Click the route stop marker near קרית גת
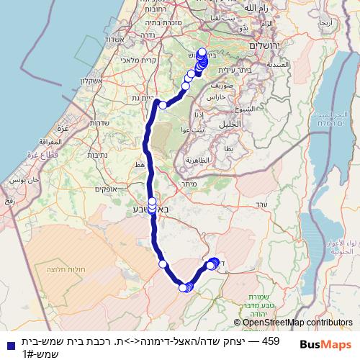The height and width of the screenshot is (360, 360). (163, 105)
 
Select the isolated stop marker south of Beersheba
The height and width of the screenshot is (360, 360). (163, 264)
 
